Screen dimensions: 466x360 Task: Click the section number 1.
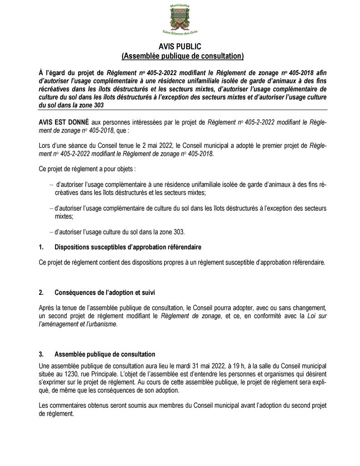pyautogui.click(x=41, y=248)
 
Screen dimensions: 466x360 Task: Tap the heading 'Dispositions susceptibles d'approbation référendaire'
pyautogui.click(x=128, y=248)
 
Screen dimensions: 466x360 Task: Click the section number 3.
pyautogui.click(x=41, y=354)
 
